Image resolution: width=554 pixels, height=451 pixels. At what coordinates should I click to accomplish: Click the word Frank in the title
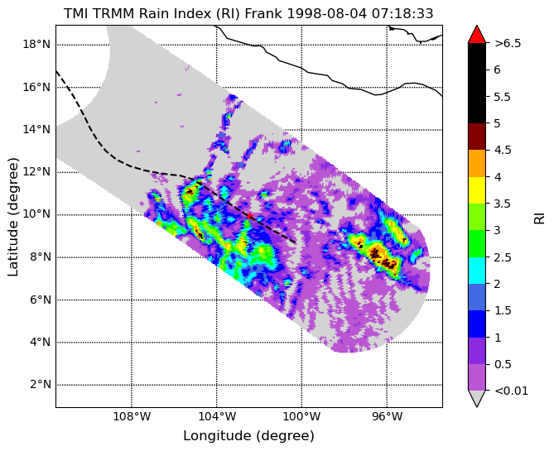(x=263, y=13)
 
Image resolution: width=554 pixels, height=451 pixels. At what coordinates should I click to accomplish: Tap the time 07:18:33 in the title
(x=402, y=13)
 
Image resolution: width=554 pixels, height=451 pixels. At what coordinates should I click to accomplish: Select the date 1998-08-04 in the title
(x=327, y=13)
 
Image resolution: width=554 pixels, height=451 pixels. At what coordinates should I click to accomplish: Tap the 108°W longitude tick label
(x=132, y=417)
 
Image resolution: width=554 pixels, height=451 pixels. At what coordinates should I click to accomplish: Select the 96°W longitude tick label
(x=387, y=417)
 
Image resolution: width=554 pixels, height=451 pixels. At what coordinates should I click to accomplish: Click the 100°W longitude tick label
(x=301, y=417)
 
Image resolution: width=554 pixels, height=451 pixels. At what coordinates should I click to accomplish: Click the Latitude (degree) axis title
(x=12, y=217)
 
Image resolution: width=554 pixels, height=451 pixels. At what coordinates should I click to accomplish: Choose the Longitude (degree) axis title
(x=248, y=436)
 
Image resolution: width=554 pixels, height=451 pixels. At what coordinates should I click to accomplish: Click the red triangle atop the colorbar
(x=477, y=34)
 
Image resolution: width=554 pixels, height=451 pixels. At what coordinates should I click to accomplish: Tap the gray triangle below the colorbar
(x=477, y=398)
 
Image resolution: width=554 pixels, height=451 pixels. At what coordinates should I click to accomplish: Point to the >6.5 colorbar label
(x=508, y=43)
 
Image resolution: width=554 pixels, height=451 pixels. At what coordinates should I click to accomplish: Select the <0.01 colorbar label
(x=511, y=391)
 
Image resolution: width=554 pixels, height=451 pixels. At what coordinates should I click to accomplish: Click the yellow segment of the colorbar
(x=477, y=190)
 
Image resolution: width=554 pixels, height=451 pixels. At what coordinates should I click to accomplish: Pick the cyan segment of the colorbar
(x=477, y=271)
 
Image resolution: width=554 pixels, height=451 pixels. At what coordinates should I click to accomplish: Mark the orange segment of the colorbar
(x=477, y=164)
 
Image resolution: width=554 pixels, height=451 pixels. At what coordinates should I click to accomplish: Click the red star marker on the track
(x=249, y=216)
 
